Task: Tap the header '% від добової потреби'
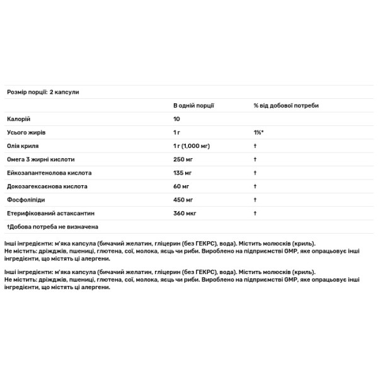coord(286,105)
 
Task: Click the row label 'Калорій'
coord(19,119)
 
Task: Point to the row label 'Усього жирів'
coord(26,133)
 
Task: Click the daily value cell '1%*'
coord(258,133)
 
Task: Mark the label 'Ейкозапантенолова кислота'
coord(49,173)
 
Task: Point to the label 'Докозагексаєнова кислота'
coord(47,186)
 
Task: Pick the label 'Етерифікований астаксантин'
coord(50,213)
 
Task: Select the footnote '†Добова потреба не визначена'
coord(52,226)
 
